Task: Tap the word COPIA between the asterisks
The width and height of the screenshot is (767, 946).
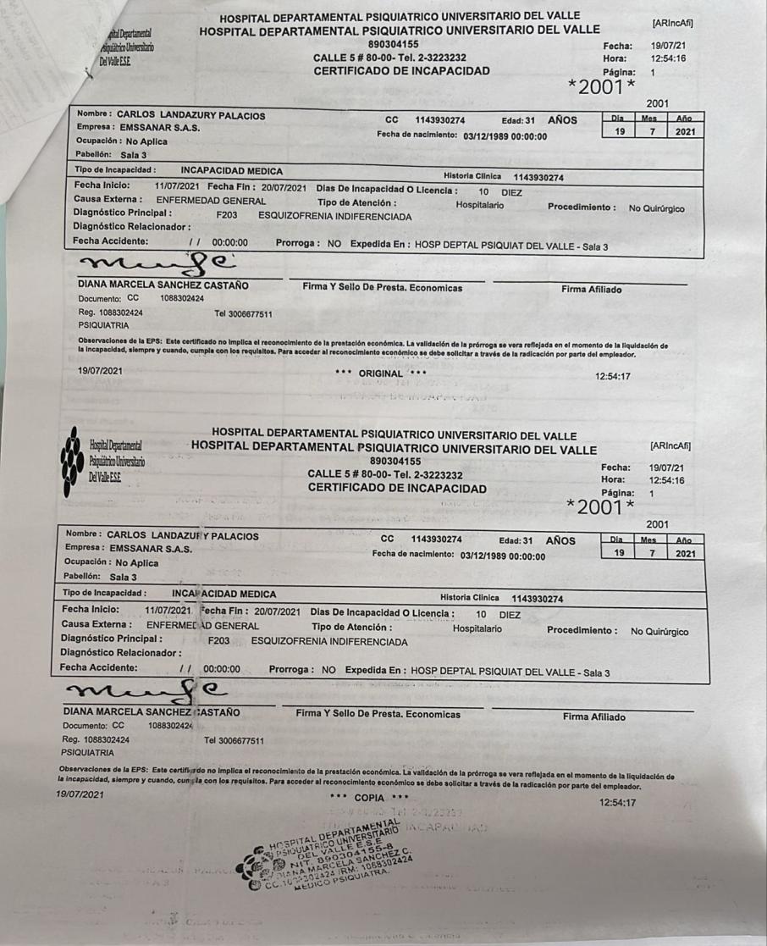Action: (369, 797)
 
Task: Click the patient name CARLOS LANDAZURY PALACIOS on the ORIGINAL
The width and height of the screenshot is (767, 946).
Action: (190, 115)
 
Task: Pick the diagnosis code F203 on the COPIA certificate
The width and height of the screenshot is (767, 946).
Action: (220, 642)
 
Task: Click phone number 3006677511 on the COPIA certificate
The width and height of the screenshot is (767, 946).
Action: (235, 740)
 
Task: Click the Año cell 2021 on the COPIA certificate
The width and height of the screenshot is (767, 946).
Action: (684, 553)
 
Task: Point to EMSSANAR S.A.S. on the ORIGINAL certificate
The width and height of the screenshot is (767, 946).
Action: (157, 128)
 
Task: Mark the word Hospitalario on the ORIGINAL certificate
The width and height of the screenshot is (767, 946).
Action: (481, 204)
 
